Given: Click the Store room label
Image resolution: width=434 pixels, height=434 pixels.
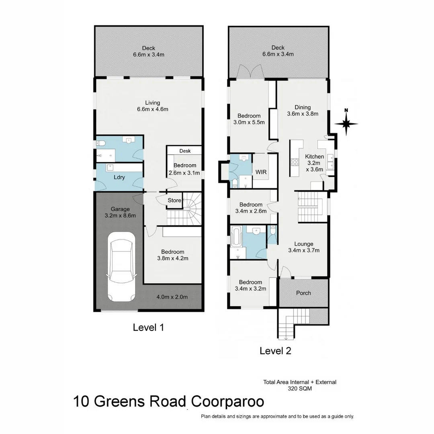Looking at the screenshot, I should point(174,200).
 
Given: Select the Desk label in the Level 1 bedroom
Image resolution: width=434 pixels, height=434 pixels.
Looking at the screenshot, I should point(185,151).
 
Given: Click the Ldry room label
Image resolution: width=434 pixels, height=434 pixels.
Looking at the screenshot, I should point(119,177).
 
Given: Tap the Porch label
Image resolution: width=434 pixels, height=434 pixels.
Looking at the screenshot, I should point(303,293).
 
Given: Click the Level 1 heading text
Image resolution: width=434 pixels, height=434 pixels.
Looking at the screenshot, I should point(148,328).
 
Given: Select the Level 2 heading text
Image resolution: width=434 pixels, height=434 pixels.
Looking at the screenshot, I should point(275,351).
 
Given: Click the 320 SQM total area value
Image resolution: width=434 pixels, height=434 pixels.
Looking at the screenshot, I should point(299,389).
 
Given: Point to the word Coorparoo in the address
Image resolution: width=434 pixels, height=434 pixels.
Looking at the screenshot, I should point(227,401).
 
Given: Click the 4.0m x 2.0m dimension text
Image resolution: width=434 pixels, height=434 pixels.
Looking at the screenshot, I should point(172,297).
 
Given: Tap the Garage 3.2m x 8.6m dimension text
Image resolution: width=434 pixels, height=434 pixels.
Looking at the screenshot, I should point(120,215).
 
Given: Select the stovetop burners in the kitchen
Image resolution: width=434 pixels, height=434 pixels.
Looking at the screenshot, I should point(294,162).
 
